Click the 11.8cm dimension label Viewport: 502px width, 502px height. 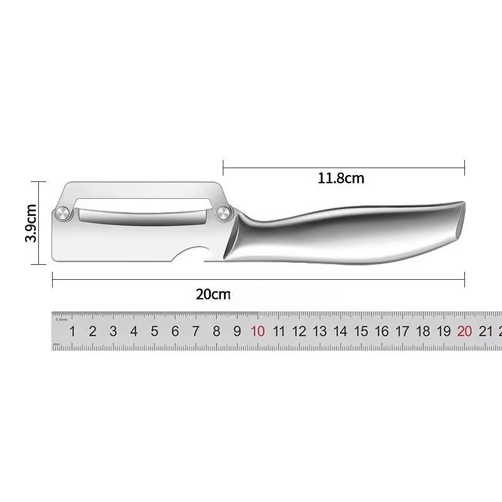click(341, 178)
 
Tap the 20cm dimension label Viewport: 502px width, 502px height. click(213, 293)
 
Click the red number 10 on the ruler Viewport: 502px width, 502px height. click(258, 331)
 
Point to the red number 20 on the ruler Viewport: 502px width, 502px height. click(464, 331)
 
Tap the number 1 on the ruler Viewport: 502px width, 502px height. click(72, 331)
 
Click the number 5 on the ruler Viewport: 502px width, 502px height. click(154, 331)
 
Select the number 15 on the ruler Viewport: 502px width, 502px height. click(361, 331)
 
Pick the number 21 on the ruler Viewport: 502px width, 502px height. click(485, 331)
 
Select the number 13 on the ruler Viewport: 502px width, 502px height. click(320, 331)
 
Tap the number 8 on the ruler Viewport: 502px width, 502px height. click(216, 331)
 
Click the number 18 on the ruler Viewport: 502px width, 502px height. click(423, 331)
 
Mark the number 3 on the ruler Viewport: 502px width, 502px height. click(113, 331)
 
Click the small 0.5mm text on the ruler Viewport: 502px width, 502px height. click(61, 319)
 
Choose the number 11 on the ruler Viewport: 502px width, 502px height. click(279, 331)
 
